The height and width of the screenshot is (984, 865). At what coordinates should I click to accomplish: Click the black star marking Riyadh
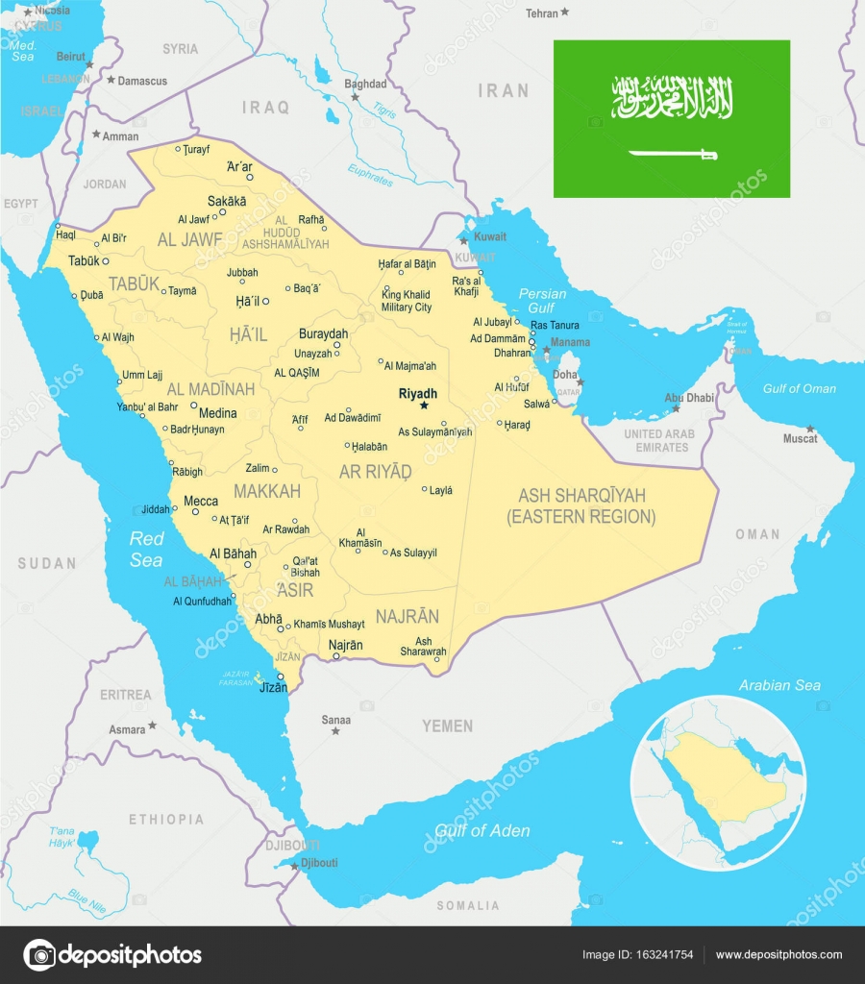coord(423,406)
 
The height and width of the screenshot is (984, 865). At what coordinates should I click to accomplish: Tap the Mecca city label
coord(201,501)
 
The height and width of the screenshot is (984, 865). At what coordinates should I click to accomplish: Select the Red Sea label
coord(147,549)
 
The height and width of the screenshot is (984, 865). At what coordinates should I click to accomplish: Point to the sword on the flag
coord(673,153)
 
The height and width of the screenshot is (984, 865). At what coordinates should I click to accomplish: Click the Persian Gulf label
coord(542,301)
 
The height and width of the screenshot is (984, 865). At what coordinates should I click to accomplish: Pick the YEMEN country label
coord(447,726)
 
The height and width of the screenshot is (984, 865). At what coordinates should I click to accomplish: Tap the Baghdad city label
coord(365,84)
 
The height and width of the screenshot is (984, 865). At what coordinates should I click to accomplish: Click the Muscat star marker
coord(810,429)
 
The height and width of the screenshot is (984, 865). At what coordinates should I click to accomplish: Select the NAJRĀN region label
coord(407,617)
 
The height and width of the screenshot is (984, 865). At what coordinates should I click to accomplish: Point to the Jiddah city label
coord(155,509)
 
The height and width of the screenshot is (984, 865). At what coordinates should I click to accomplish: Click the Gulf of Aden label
coord(482,830)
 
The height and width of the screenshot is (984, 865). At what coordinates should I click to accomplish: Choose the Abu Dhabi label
coord(689,397)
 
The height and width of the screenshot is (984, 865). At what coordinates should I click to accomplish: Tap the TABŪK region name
coord(134,283)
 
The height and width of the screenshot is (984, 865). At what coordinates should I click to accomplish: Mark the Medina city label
coord(218,413)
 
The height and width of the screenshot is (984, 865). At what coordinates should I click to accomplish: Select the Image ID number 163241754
coord(666,954)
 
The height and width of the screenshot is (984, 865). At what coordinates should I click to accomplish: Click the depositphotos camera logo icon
coord(39,954)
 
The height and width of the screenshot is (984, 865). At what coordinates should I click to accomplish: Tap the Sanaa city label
coord(336,720)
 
